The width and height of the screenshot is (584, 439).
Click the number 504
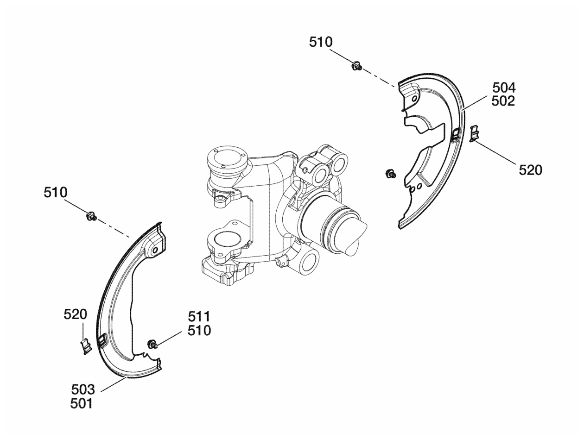click(x=504, y=88)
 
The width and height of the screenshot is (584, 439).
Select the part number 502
click(x=504, y=101)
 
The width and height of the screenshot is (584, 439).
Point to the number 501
click(x=82, y=404)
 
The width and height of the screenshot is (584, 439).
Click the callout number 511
click(x=199, y=317)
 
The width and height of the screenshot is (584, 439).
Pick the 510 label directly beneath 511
click(x=199, y=331)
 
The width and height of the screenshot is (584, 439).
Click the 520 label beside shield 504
click(x=530, y=170)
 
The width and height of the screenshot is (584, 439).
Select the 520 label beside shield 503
click(x=75, y=315)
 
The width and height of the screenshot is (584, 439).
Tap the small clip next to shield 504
click(x=474, y=133)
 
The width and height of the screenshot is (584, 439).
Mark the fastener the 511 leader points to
click(x=152, y=344)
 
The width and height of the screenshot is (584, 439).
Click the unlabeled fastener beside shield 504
click(x=391, y=174)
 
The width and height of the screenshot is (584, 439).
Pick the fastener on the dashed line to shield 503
click(x=91, y=216)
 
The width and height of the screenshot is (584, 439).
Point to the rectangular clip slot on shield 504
click(x=455, y=134)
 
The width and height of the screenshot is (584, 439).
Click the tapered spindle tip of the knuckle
click(x=355, y=234)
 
